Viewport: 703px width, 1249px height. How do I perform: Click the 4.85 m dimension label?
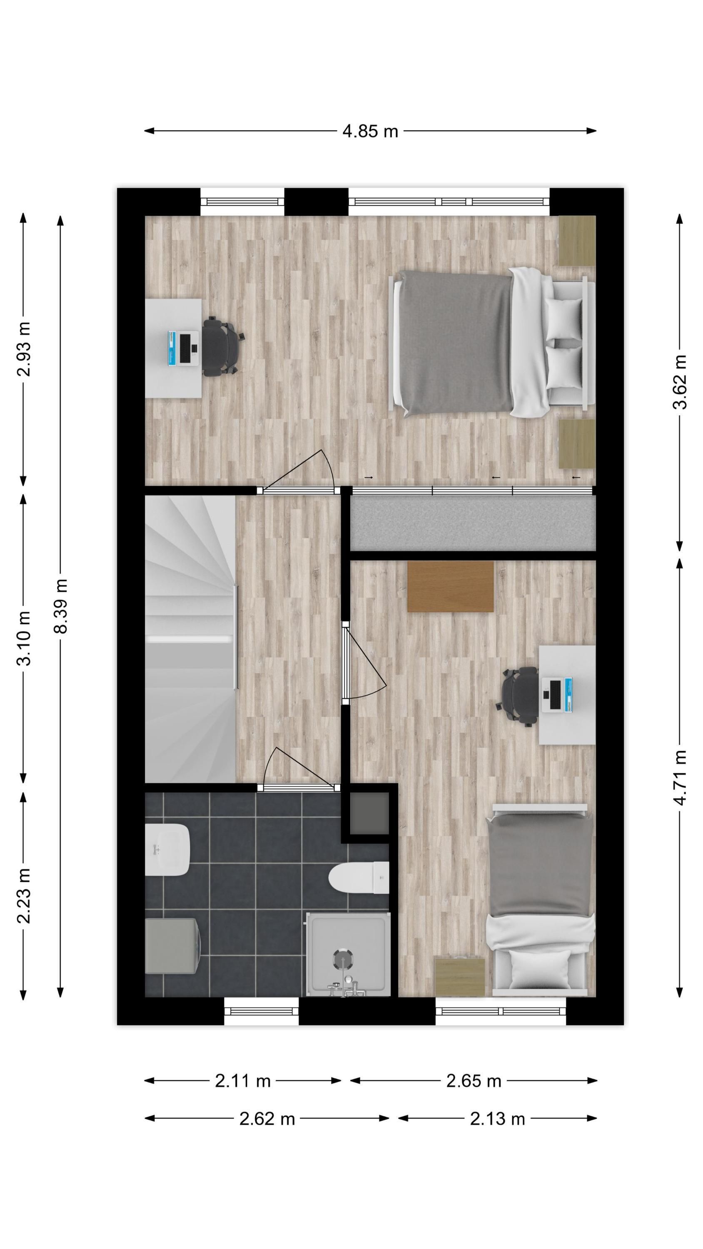click(x=370, y=131)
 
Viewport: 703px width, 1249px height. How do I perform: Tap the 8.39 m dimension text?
click(x=61, y=606)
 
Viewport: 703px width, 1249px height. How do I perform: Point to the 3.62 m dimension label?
click(x=679, y=382)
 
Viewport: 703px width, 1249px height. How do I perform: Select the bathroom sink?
click(x=167, y=849)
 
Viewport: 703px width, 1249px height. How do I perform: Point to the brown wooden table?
click(x=450, y=586)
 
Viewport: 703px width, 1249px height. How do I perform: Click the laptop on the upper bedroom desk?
click(x=183, y=348)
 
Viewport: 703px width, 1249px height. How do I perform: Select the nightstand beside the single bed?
click(x=459, y=977)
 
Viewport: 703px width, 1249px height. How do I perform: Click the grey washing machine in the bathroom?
click(x=172, y=945)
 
